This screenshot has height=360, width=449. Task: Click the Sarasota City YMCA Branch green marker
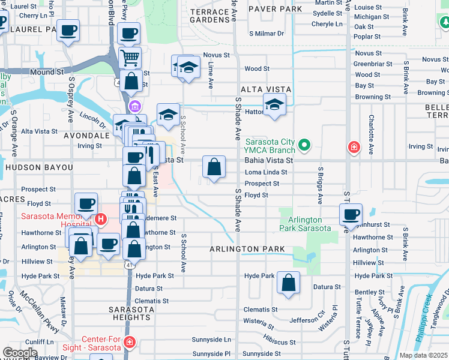[x=304, y=145]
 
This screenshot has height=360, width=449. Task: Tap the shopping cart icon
[x=130, y=58]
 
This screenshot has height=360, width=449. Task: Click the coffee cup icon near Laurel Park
[x=68, y=29]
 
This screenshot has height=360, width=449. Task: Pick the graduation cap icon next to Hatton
[x=274, y=105]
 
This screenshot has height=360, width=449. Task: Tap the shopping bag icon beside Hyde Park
[x=289, y=284]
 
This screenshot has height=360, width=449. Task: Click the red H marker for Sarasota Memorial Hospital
[x=101, y=220]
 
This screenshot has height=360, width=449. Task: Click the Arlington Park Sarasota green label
[x=305, y=224]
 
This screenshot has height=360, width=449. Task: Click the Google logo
[x=20, y=353]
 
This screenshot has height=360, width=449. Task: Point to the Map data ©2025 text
[x=423, y=355]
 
